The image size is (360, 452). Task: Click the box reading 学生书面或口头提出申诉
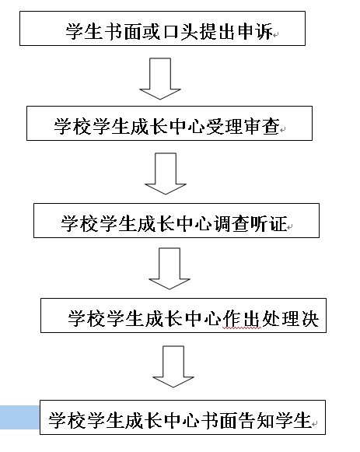pos(163,28)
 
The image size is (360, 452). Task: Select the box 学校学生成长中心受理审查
pos(170,124)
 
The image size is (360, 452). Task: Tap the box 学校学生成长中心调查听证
pos(177,220)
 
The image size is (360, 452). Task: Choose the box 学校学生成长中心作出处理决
pos(183,315)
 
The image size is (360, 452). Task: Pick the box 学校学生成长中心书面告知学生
pos(183,417)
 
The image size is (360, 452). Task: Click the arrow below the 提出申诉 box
pos(160,79)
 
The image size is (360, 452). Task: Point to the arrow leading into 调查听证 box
pos(166,173)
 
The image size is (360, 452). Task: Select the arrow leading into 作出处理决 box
pos(170,268)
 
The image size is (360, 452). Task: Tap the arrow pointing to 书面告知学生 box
pos(173,366)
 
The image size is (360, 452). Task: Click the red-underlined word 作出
pos(241,318)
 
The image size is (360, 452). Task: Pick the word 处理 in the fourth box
pos(280,318)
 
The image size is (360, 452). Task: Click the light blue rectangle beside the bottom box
pos(19,417)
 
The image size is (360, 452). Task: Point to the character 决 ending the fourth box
pos(309,318)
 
